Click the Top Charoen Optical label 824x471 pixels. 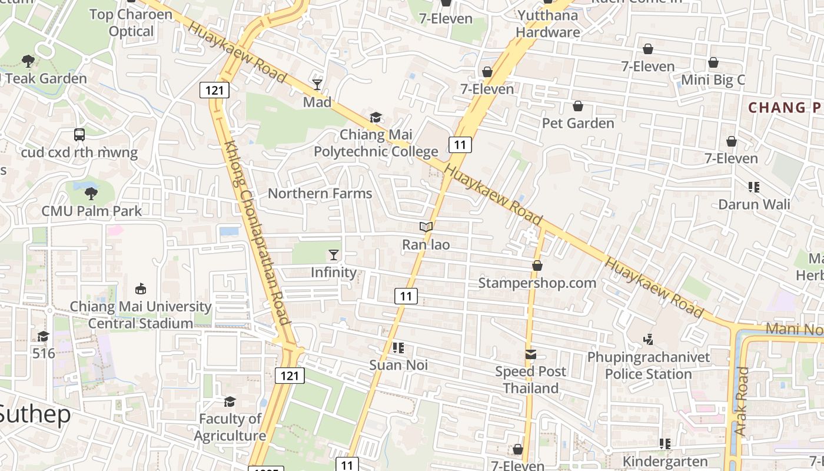click(131, 22)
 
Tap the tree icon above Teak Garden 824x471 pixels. click(28, 61)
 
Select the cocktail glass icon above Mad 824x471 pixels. click(317, 85)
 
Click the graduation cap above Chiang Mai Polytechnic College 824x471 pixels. click(376, 118)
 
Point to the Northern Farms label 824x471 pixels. click(320, 193)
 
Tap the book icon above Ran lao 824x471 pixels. click(426, 227)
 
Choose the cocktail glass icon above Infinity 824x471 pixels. click(334, 255)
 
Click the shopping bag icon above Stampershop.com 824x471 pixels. click(537, 266)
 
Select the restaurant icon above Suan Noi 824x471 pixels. click(398, 348)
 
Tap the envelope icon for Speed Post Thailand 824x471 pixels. click(531, 354)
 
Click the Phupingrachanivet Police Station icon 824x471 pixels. click(648, 339)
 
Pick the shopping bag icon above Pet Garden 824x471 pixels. click(578, 106)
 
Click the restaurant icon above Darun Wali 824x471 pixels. click(754, 187)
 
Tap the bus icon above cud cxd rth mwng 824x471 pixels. click(79, 135)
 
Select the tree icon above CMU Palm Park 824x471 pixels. click(91, 193)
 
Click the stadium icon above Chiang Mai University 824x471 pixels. click(141, 289)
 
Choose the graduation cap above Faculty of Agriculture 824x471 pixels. click(230, 402)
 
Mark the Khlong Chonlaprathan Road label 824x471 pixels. click(257, 233)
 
